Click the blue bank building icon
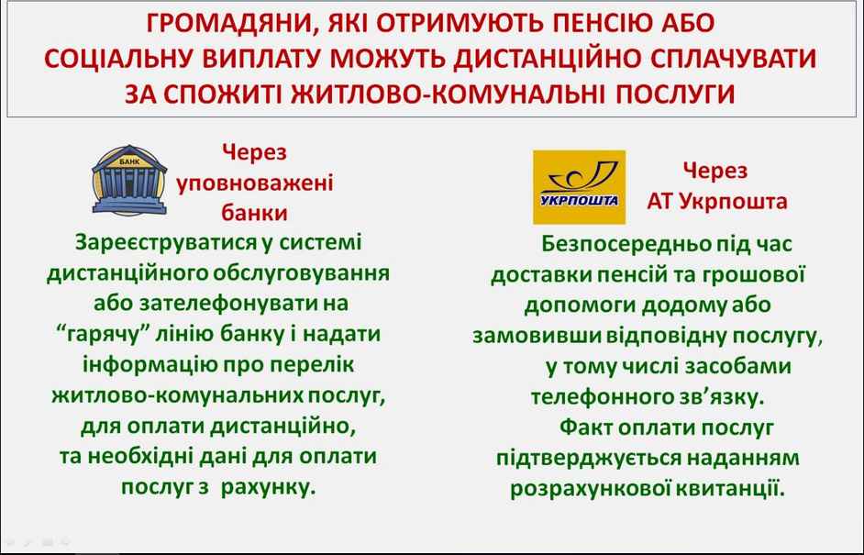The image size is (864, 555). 129,180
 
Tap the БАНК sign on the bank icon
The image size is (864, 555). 129,162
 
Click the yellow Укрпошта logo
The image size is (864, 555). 579,187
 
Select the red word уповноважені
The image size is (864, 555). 255,183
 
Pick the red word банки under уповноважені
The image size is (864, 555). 255,213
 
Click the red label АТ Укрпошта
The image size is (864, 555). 717,201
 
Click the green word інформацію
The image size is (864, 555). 144,365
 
